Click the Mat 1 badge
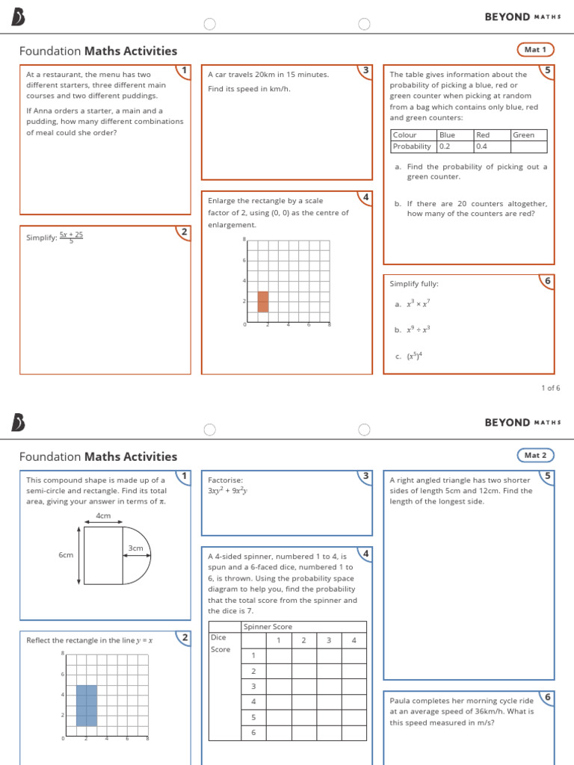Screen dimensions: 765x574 click(x=535, y=50)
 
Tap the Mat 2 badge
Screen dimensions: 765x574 click(x=535, y=455)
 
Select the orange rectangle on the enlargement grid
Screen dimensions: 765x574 click(x=263, y=302)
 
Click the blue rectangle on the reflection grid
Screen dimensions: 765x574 click(x=87, y=705)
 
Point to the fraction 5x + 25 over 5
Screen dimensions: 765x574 click(x=71, y=238)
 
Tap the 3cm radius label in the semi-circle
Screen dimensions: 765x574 click(x=135, y=548)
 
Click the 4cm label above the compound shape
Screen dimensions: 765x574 click(x=103, y=516)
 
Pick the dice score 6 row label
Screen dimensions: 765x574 click(x=253, y=732)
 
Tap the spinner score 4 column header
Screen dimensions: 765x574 click(x=354, y=640)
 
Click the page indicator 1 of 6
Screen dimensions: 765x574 click(x=550, y=388)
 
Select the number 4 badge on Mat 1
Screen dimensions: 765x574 click(x=365, y=197)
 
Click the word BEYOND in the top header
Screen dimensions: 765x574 click(x=507, y=16)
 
